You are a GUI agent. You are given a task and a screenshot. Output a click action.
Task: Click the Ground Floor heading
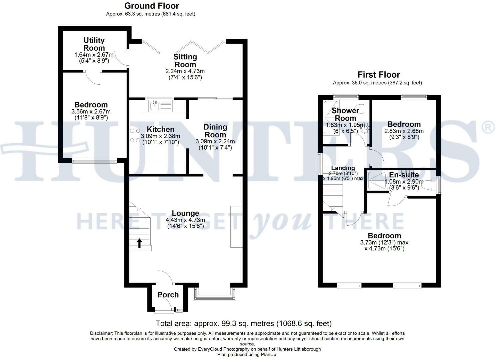click(x=152, y=6)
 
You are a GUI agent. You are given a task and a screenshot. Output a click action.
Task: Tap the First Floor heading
click(x=378, y=75)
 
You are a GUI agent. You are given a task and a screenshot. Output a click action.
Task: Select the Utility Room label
click(x=94, y=44)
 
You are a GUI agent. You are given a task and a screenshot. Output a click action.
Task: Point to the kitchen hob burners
click(x=135, y=136)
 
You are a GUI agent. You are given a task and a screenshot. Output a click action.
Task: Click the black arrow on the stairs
click(x=139, y=243)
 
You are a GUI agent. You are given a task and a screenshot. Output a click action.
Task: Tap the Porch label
click(x=168, y=295)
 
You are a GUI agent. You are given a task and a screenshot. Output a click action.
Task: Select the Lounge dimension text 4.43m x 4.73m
click(x=185, y=220)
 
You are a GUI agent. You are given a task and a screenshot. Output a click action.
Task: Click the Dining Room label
click(x=215, y=131)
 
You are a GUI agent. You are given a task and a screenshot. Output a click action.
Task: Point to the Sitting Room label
click(x=185, y=60)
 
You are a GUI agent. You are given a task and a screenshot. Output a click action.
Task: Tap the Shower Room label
click(x=345, y=114)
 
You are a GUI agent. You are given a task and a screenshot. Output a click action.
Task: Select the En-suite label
click(x=404, y=175)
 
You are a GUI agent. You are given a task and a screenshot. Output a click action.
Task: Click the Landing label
click(x=343, y=168)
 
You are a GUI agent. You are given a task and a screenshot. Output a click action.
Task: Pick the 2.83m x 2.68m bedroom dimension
click(x=404, y=131)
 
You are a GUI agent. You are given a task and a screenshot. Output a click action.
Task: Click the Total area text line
click(x=244, y=323)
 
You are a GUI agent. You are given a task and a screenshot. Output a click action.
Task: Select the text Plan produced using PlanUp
click(x=247, y=354)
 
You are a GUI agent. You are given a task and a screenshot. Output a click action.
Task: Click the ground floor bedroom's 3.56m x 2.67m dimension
click(x=91, y=111)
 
